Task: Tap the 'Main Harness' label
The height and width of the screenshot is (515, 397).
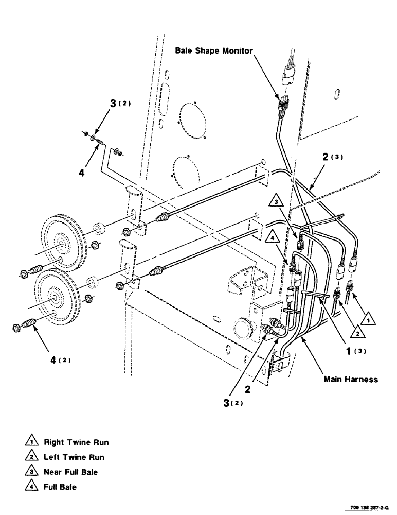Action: pyautogui.click(x=351, y=379)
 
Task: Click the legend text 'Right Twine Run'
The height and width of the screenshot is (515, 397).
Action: pyautogui.click(x=76, y=442)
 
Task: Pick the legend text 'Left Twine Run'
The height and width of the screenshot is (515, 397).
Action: pyautogui.click(x=74, y=457)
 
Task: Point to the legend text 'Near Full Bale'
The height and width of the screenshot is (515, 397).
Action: pyautogui.click(x=70, y=472)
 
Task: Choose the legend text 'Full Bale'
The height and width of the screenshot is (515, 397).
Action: pyautogui.click(x=60, y=487)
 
